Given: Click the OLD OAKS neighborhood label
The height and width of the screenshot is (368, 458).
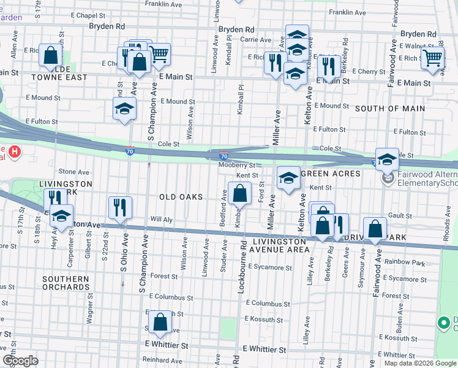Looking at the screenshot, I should coord(181,197).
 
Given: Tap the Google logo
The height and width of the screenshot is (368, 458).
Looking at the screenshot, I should coord(20,360).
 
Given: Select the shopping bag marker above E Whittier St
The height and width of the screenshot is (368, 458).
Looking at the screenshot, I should coord(160,323).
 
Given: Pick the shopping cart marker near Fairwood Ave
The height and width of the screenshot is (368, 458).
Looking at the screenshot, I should coord(433,58).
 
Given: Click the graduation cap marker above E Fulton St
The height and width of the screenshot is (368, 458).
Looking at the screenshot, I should coord(124,109).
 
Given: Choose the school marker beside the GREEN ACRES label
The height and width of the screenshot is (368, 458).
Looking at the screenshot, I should coord(288,178).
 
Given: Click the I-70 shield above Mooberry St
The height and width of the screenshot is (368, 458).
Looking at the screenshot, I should coord(224,157).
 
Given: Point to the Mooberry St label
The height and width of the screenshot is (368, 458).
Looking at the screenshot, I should coord(236,165).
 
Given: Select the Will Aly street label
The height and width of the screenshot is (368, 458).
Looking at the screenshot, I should coord(162,219).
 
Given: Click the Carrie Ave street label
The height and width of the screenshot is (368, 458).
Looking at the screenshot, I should coord(252,39).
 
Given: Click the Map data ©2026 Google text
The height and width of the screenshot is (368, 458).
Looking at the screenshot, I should coord(420,363).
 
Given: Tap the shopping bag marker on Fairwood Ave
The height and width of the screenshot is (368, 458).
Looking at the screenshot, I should coord(375,229).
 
